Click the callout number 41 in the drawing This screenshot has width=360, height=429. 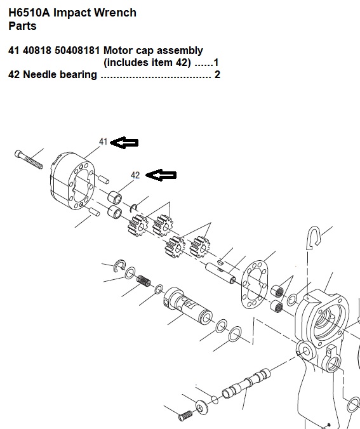(103, 142)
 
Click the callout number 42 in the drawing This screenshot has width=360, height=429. (135, 175)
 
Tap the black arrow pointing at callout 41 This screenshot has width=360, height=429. (124, 143)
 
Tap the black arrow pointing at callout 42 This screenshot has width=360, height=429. (161, 175)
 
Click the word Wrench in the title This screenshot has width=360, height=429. (114, 13)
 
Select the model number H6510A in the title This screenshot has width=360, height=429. (29, 13)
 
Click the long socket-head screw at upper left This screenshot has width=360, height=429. (29, 159)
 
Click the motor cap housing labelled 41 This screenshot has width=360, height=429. (72, 181)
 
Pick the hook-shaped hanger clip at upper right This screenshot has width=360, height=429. (314, 237)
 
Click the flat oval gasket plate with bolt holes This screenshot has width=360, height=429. (254, 284)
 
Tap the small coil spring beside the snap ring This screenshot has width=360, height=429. (144, 280)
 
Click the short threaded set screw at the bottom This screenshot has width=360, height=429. (185, 416)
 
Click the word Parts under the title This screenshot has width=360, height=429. (22, 26)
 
